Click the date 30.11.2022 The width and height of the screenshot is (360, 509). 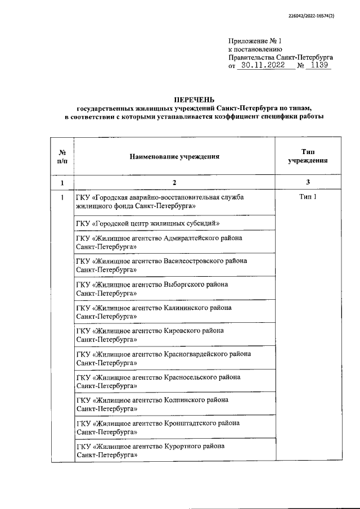pos(264,65)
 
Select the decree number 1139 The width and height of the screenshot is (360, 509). pos(318,65)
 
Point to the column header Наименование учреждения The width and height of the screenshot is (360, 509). pos(174,155)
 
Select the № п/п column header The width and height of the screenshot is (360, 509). pos(62,156)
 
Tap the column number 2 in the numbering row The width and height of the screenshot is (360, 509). pos(174,183)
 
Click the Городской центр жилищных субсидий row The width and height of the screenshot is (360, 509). pos(147,224)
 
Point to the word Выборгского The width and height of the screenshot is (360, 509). pos(184,284)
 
